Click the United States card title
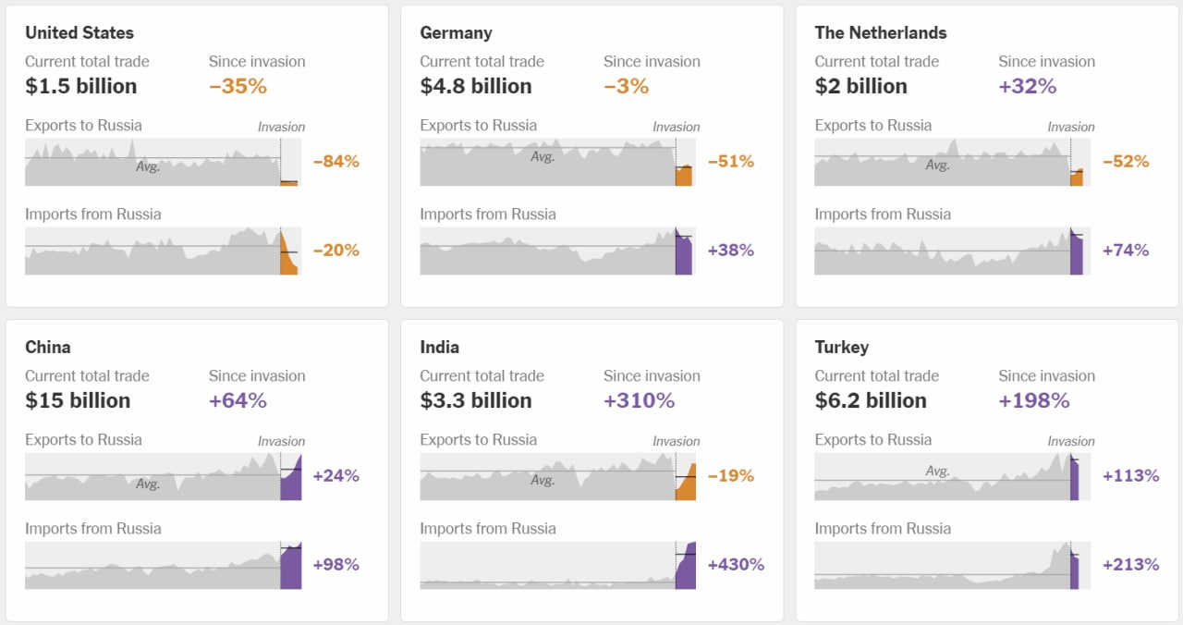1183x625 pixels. (x=79, y=32)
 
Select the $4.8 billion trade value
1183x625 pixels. (x=476, y=86)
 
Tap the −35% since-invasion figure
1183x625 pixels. (x=238, y=86)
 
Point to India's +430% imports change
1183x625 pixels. (x=736, y=564)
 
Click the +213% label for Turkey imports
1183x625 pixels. (x=1130, y=564)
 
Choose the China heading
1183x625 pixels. (x=48, y=347)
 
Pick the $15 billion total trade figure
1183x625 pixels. (x=78, y=400)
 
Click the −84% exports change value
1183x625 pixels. (x=335, y=161)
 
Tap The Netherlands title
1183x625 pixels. (x=881, y=32)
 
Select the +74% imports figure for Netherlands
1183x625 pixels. (x=1126, y=250)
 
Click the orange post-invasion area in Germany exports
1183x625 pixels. (x=684, y=176)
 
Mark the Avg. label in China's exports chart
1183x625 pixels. (x=148, y=484)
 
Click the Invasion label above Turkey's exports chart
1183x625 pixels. (x=1071, y=441)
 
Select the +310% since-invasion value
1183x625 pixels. (x=639, y=400)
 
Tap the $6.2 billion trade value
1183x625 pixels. (x=871, y=400)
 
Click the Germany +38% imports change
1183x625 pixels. (x=731, y=250)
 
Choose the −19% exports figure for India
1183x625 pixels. (x=730, y=475)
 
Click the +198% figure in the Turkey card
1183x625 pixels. (x=1034, y=400)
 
